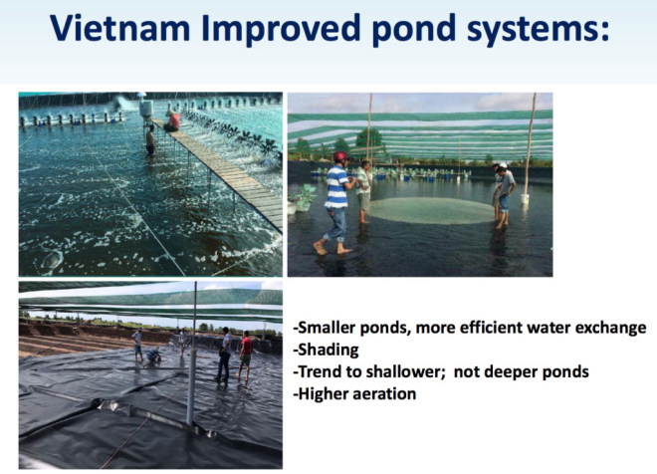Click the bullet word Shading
tap(328, 350)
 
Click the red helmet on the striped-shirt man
tap(340, 156)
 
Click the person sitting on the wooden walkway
tap(172, 120)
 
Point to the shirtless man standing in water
tap(150, 140)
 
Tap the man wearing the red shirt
tap(245, 355)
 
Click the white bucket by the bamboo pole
tap(525, 198)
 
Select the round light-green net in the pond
tap(431, 210)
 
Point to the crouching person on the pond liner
tap(153, 355)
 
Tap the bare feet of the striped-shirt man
tap(332, 249)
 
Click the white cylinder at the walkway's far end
tap(146, 109)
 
